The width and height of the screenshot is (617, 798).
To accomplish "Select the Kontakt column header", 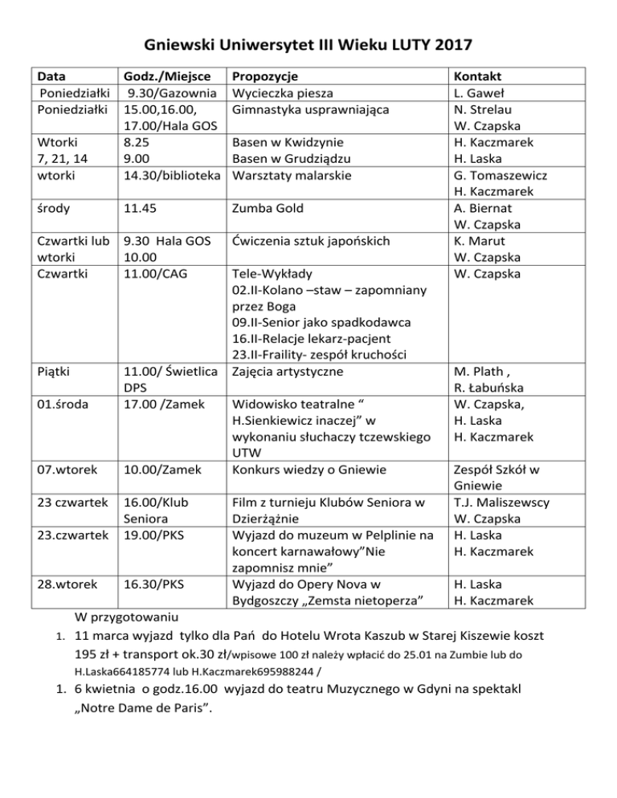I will pyautogui.click(x=476, y=77).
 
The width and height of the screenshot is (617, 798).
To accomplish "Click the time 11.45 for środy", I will pyautogui.click(x=139, y=209).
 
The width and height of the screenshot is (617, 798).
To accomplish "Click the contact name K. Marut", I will pyautogui.click(x=478, y=241).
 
